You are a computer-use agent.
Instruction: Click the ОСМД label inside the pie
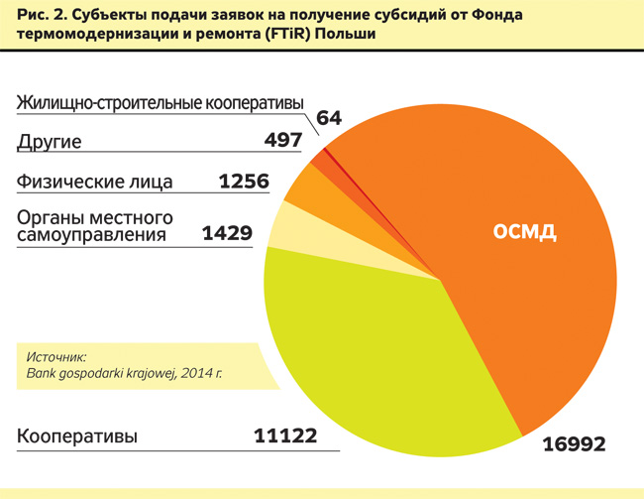(524, 233)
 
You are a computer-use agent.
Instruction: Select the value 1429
(227, 234)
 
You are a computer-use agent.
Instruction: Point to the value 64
(329, 118)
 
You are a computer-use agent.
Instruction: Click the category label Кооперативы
(77, 437)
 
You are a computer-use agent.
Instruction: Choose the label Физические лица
(95, 183)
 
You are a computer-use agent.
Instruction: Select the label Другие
(49, 142)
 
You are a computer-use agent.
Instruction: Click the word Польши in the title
(348, 37)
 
